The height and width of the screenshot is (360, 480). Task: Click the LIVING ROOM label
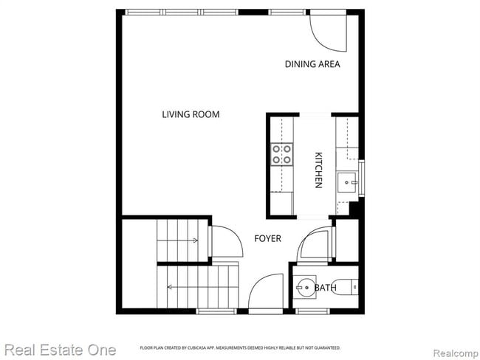coord(191,114)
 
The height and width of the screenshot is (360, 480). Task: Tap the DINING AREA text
coord(312,64)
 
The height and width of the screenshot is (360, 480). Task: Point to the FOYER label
coord(267,238)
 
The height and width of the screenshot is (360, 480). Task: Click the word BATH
coord(326,288)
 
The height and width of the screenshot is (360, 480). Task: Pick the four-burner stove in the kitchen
coord(281,154)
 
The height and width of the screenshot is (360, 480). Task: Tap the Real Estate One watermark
coord(58,349)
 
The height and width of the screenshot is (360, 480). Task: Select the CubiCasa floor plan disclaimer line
coord(240,347)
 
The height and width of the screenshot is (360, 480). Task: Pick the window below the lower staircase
coord(211,311)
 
